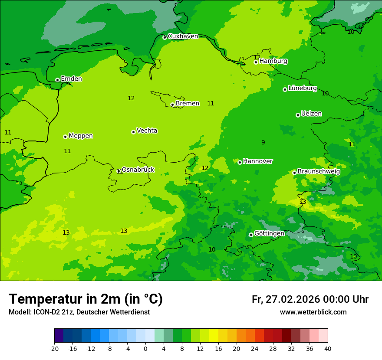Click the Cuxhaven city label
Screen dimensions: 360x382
pos(183,36)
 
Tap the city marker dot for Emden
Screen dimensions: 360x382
pos(57,80)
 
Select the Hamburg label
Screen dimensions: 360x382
pos(273,61)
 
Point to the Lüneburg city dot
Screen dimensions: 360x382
pos(285,89)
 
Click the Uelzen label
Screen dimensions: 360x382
pos(311,114)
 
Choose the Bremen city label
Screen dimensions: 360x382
pos(187,104)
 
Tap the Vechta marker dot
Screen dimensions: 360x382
pos(133,132)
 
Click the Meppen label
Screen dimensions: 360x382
pos(81,136)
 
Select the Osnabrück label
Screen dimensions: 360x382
pos(138,170)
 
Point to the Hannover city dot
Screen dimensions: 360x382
pos(240,162)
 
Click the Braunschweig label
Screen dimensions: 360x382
pos(319,171)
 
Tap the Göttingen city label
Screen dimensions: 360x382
pos(269,233)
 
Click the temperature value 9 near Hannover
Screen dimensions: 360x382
pos(263,142)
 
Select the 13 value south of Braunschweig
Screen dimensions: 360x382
pos(303,202)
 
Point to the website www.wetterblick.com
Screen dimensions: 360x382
pos(313,312)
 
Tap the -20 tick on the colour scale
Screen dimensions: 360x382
pos(54,349)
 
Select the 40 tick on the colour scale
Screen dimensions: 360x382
pos(328,349)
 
